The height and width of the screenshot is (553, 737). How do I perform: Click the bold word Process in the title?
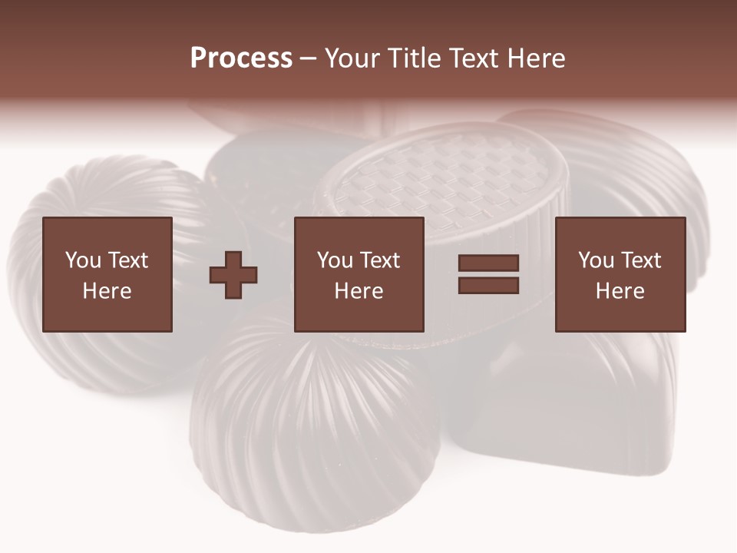(241, 58)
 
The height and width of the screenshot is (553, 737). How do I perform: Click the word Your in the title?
(353, 58)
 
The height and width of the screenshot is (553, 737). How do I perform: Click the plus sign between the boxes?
(233, 275)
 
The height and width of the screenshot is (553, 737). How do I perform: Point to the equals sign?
(488, 274)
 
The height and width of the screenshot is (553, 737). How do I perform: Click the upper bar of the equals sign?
(488, 263)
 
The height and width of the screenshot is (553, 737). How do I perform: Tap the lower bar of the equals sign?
(488, 286)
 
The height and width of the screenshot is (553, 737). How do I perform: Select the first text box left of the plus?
(107, 274)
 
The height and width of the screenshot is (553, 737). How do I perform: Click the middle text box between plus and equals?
(359, 274)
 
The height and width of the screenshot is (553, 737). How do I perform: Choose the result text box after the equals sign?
(620, 274)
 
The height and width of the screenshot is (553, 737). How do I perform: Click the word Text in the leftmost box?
(127, 260)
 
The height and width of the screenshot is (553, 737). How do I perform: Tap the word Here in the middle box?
(359, 291)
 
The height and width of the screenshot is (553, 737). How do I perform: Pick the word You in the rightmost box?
(596, 260)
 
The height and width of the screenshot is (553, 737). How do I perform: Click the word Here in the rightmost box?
(620, 291)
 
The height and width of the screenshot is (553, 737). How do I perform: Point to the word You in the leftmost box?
(83, 260)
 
